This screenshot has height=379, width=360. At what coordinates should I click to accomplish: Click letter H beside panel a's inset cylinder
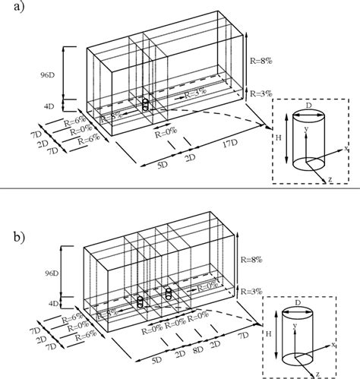(279, 140)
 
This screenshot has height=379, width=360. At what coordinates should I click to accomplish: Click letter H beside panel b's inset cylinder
(269, 334)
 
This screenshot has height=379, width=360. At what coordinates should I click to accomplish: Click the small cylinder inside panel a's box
(146, 105)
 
